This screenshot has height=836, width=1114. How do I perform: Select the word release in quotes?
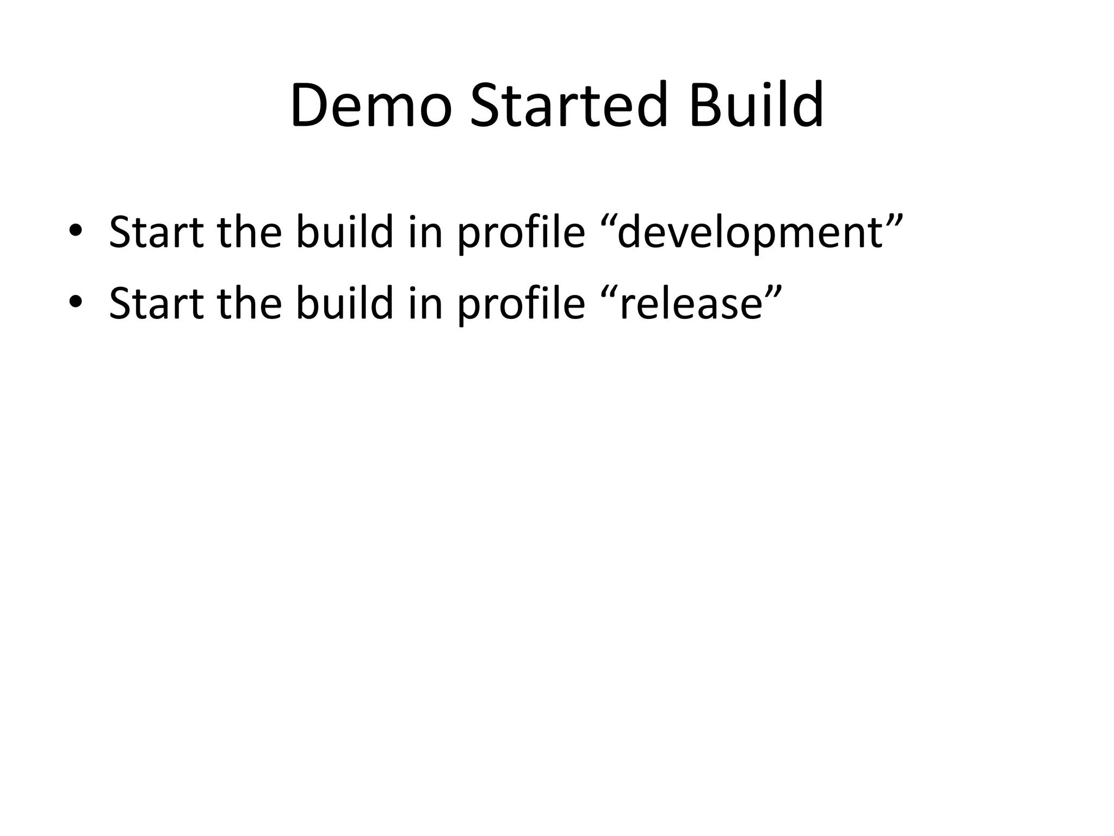[x=691, y=303]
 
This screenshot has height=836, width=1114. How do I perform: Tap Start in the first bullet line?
[x=157, y=232]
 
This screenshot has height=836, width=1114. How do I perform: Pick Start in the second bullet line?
[x=157, y=303]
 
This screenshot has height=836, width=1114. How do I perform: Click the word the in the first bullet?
[x=250, y=232]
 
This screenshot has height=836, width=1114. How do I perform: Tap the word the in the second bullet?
[x=250, y=303]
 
